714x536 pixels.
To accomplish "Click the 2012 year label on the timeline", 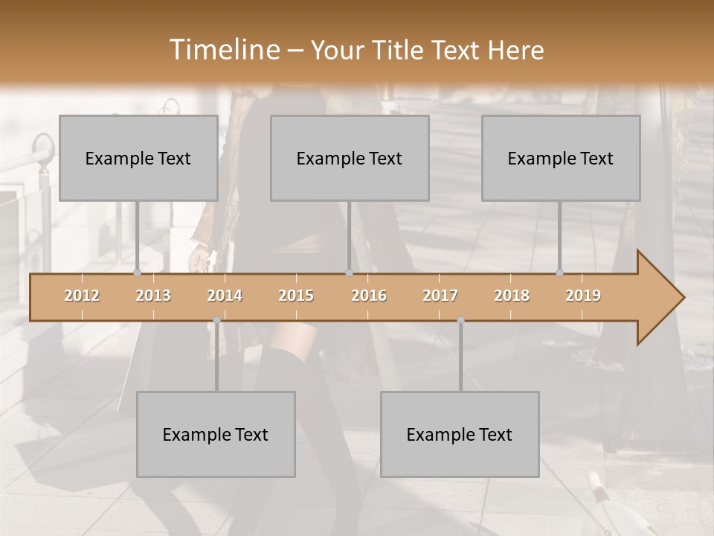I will (82, 296).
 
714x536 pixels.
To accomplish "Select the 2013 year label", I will (153, 296).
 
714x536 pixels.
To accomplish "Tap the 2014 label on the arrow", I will (225, 296).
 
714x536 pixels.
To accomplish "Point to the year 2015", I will (296, 296).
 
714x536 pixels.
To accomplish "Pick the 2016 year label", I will (369, 296).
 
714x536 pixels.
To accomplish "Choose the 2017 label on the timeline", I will (440, 296).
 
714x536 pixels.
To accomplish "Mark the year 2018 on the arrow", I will (512, 296).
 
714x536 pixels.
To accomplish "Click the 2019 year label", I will (583, 296).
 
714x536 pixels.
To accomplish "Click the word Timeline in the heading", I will (223, 50).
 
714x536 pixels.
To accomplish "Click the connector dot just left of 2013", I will (137, 273).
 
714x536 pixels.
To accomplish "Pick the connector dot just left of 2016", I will (349, 273).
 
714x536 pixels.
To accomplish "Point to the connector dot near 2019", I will (560, 273).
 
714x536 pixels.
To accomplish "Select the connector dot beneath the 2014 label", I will (216, 320).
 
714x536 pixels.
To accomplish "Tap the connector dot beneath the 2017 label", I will (460, 320).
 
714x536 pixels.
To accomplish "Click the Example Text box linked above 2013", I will (138, 158).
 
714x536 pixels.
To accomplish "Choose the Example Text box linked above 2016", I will (350, 158).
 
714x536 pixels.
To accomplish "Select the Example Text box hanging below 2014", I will (216, 434).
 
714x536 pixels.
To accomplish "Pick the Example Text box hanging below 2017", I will (460, 434).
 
